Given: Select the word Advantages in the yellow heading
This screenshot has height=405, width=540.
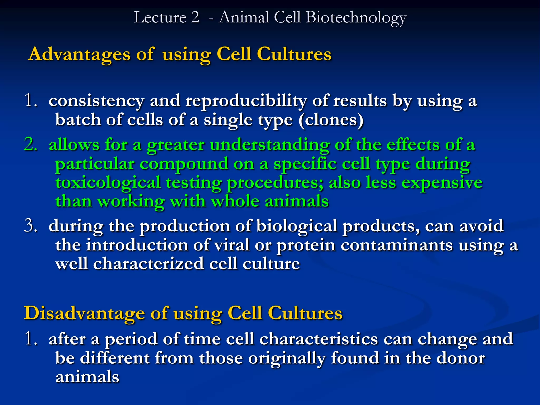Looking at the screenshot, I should (x=79, y=54).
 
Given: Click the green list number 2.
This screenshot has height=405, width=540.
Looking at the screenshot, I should (x=31, y=145).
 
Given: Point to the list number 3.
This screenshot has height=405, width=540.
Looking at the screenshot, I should (x=31, y=226).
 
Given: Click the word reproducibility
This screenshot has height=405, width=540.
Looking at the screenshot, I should (x=246, y=101).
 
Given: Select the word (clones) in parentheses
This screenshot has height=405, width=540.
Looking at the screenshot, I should (x=331, y=120).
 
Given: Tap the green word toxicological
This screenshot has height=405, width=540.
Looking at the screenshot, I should (x=108, y=183).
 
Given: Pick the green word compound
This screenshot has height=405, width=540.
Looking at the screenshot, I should (x=184, y=164).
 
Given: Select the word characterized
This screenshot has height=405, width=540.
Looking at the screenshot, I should (x=148, y=264).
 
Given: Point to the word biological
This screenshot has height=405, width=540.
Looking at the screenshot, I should (x=297, y=226).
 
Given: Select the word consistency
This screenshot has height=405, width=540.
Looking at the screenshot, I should (x=96, y=101).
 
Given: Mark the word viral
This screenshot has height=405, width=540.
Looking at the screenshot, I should (x=231, y=245).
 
